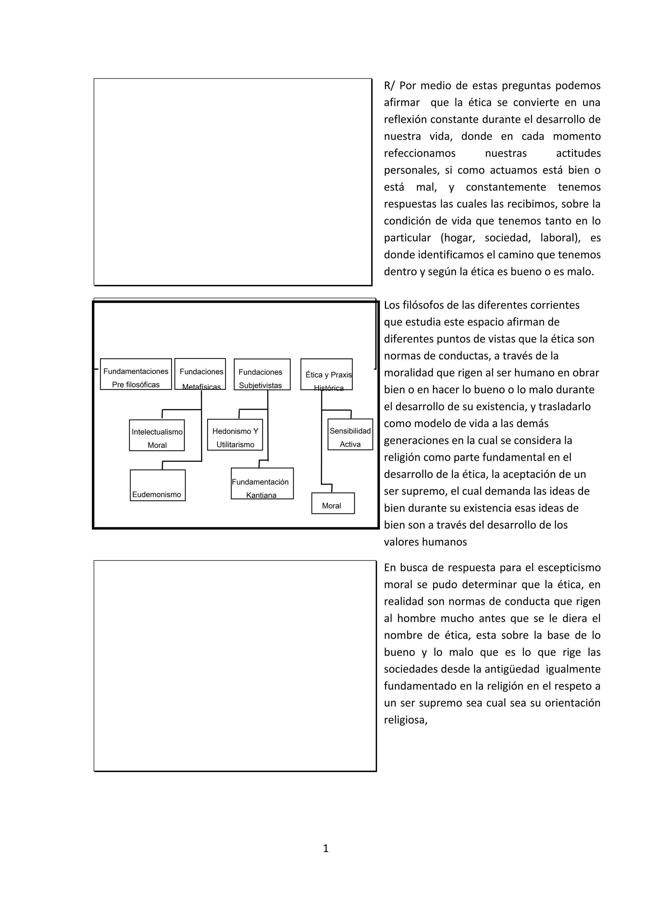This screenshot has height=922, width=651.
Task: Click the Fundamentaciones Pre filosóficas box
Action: pyautogui.click(x=136, y=374)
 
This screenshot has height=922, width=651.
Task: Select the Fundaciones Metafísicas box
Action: pyautogui.click(x=200, y=374)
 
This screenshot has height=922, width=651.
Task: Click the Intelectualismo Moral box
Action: pyautogui.click(x=157, y=436)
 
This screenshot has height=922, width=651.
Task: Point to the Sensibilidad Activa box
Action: pyautogui.click(x=350, y=435)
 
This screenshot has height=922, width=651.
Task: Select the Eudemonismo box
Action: pyautogui.click(x=158, y=485)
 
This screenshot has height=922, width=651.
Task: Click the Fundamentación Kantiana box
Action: pyautogui.click(x=262, y=484)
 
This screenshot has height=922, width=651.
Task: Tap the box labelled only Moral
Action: pyautogui.click(x=333, y=504)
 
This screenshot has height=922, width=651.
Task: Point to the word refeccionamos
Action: pyautogui.click(x=420, y=153)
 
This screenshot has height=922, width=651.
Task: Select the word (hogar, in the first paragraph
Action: pyautogui.click(x=458, y=238)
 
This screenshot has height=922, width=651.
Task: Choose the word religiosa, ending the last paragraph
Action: pyautogui.click(x=406, y=720)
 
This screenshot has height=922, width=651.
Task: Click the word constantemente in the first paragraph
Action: pyautogui.click(x=506, y=187)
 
